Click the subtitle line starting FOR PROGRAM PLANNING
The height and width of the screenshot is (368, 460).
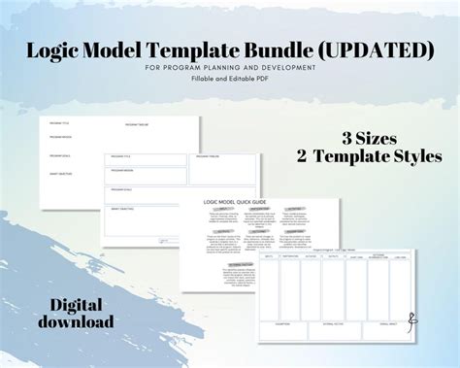[x=229, y=67]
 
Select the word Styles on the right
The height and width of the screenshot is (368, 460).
[x=411, y=156]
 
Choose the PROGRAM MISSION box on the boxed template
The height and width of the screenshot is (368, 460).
[x=146, y=175]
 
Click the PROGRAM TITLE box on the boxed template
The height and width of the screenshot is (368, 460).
[x=146, y=160]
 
